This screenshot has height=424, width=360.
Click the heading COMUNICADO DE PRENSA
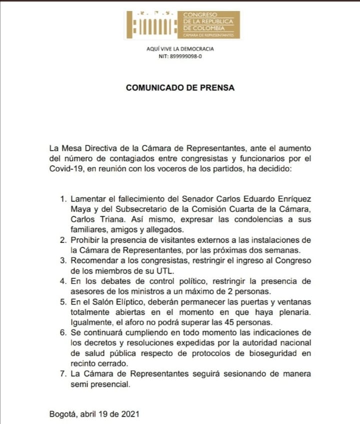click(x=180, y=88)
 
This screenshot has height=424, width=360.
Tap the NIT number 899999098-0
click(x=186, y=57)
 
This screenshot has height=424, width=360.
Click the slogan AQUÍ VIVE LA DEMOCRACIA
click(x=180, y=49)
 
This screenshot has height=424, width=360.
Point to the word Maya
click(x=80, y=209)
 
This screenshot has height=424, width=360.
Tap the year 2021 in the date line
click(x=131, y=414)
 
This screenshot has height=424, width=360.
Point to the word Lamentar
click(x=88, y=199)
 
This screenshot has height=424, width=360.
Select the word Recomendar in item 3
click(x=93, y=261)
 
